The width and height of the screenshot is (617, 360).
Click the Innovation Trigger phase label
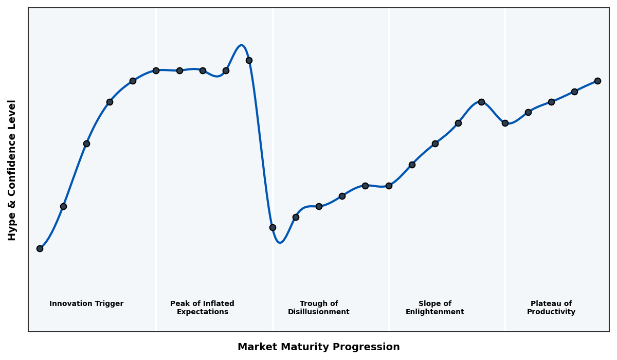(x=86, y=304)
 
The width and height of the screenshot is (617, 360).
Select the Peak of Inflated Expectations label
(x=202, y=308)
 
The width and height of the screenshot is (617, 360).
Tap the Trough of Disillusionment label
(x=319, y=308)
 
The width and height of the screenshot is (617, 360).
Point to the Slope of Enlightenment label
(x=435, y=308)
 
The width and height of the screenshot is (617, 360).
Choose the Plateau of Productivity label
(x=551, y=308)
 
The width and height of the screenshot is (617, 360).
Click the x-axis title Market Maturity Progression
(x=319, y=347)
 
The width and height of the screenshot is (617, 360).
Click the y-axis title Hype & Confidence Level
(x=12, y=170)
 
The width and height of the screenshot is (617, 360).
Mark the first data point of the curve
(x=40, y=248)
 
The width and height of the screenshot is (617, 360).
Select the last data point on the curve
(x=597, y=81)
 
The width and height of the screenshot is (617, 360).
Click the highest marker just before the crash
(x=249, y=60)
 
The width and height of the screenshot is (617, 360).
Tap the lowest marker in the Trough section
(x=273, y=227)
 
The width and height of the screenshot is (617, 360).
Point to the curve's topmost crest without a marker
(x=241, y=45)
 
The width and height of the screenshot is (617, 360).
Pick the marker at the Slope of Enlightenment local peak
(x=481, y=102)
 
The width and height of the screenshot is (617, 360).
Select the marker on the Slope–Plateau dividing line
(x=505, y=123)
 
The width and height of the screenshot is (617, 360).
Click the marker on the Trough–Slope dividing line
(x=389, y=186)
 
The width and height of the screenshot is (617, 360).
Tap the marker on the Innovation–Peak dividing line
(x=156, y=70)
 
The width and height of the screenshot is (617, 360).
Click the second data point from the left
(x=63, y=206)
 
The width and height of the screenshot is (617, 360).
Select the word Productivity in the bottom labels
(x=551, y=312)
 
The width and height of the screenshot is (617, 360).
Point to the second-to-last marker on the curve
(x=574, y=92)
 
